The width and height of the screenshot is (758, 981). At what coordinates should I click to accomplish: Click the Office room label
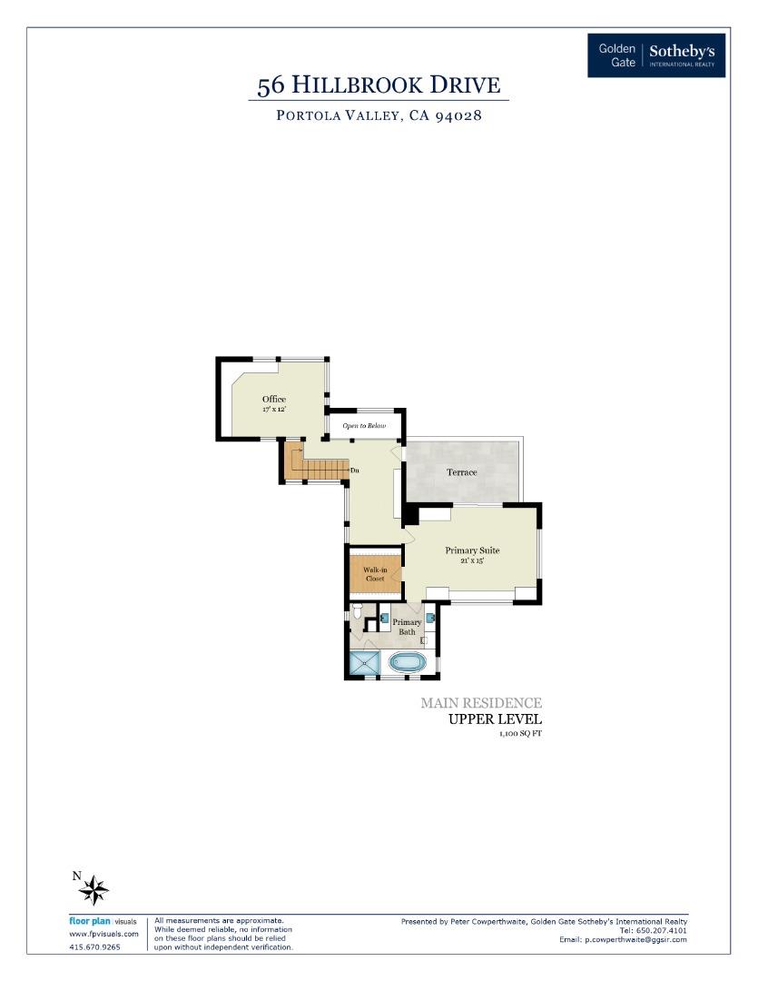click(x=274, y=400)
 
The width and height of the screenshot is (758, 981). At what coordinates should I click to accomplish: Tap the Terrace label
click(x=462, y=472)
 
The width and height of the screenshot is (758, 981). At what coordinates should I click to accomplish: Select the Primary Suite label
click(x=472, y=550)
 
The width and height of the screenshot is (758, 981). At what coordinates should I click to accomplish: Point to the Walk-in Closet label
click(x=375, y=574)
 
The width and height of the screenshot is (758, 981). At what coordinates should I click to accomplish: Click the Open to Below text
click(x=364, y=426)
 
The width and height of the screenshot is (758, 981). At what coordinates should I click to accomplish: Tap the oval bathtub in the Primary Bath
click(x=408, y=662)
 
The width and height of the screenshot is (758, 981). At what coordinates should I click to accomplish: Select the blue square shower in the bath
click(x=365, y=664)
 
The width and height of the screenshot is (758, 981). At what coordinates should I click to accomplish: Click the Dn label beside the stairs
click(x=355, y=470)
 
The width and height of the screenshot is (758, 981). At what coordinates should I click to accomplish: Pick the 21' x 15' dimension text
click(x=472, y=561)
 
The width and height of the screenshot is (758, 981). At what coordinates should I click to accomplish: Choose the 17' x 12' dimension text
click(x=274, y=411)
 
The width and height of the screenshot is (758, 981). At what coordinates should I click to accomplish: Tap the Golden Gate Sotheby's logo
click(x=656, y=55)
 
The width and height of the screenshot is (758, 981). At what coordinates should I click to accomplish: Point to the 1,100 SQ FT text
click(x=520, y=733)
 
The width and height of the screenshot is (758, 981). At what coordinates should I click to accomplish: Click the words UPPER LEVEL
click(x=496, y=719)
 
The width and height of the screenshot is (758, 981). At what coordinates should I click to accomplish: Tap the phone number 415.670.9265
click(x=94, y=946)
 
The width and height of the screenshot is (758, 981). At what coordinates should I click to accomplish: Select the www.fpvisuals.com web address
click(x=103, y=934)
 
